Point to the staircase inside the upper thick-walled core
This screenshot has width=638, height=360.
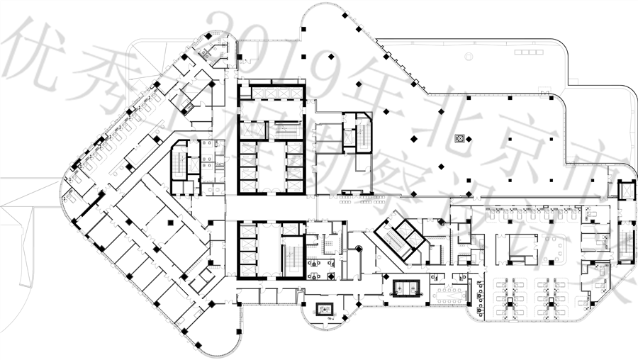286,130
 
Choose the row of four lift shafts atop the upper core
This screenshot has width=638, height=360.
272,91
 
